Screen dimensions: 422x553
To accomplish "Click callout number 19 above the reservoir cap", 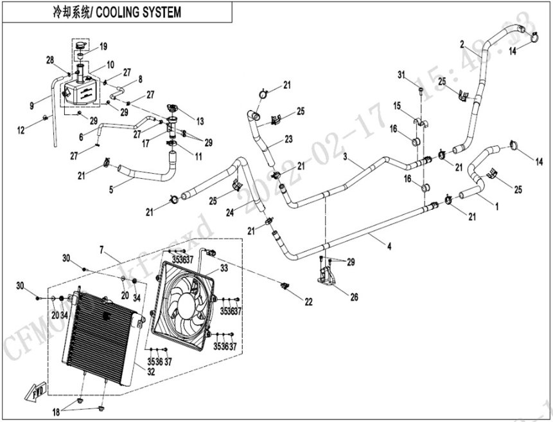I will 103,46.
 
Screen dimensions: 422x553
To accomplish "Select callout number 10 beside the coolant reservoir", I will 110,64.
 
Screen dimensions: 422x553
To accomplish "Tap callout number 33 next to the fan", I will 224,268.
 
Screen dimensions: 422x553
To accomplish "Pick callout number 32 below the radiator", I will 152,372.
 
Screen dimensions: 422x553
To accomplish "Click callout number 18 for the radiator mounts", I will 57,411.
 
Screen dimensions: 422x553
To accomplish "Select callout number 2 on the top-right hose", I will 462,44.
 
